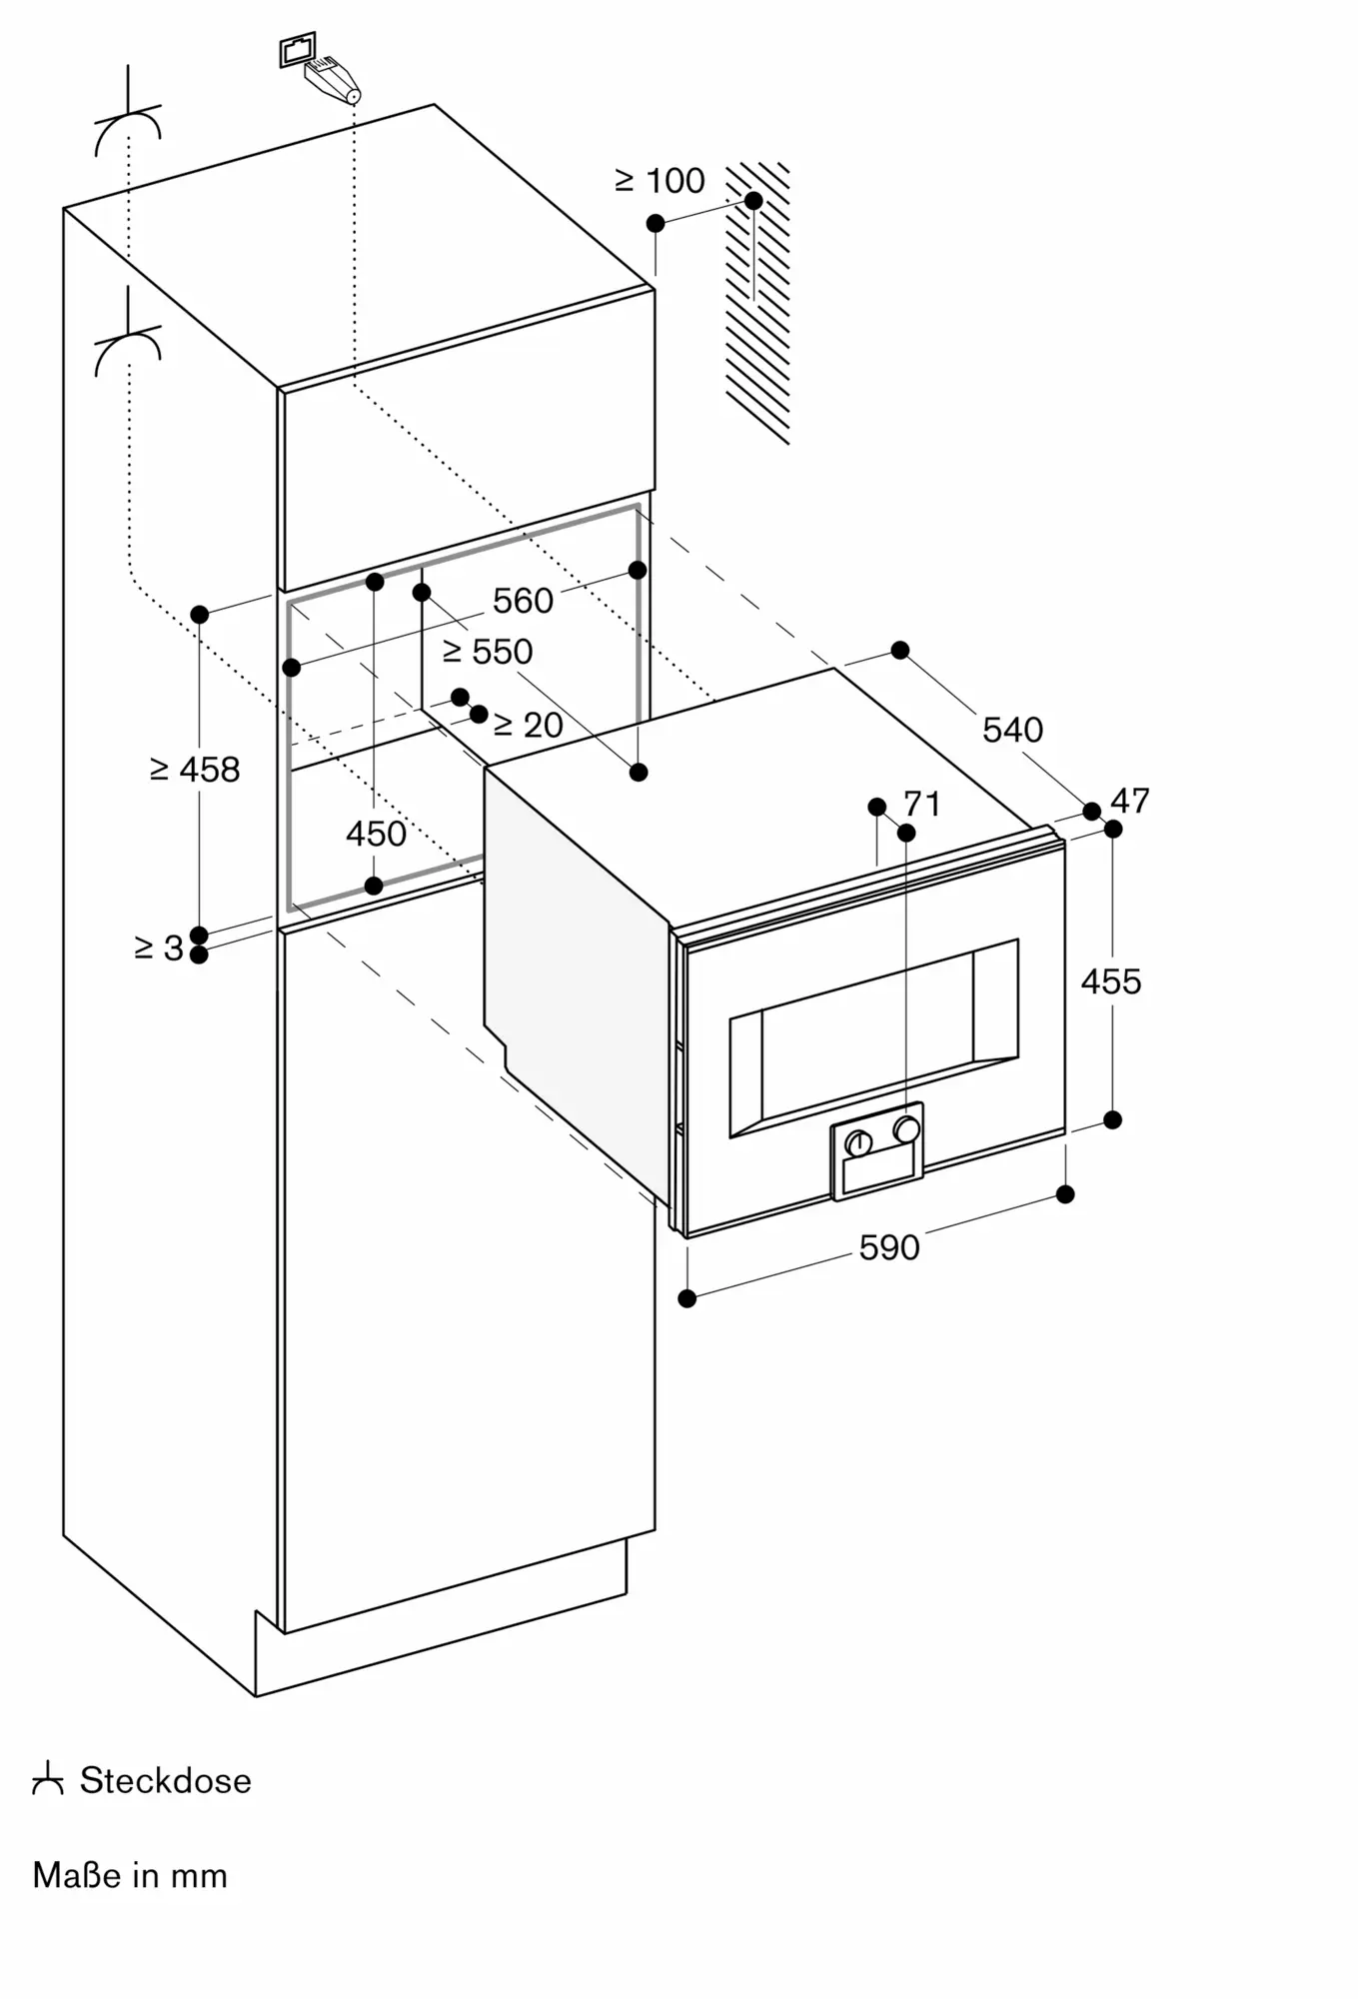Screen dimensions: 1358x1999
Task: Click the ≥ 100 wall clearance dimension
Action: (x=660, y=181)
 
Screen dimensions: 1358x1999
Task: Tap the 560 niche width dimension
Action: (x=523, y=601)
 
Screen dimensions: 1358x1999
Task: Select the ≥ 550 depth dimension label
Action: (x=488, y=652)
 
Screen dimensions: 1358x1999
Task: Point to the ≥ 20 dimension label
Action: (x=529, y=725)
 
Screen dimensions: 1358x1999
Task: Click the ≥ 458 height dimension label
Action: (x=195, y=770)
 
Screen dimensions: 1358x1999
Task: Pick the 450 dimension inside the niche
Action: (x=376, y=834)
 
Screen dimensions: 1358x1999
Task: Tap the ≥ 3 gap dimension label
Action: (x=159, y=948)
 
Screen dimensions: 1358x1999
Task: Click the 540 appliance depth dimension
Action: (x=1012, y=730)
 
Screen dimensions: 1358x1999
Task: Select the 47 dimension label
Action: (x=1130, y=801)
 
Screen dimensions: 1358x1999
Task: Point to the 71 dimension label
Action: (x=922, y=804)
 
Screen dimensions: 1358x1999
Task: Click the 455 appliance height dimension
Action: (x=1111, y=982)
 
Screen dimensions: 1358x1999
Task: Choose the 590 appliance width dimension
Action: (x=889, y=1247)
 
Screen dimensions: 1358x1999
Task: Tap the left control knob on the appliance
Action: (x=858, y=1142)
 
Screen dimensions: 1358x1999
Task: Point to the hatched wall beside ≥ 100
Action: (x=757, y=303)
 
